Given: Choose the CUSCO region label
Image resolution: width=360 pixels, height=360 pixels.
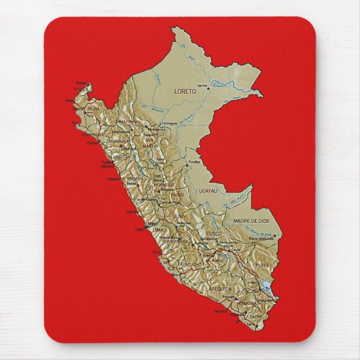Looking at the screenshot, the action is pyautogui.click(x=215, y=235).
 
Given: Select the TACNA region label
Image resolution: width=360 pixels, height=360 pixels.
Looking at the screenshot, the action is pyautogui.click(x=255, y=317).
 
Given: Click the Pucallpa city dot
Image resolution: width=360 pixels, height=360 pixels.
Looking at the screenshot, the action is pyautogui.click(x=187, y=164).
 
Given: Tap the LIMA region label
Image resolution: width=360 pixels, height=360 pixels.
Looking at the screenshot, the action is pyautogui.click(x=158, y=230).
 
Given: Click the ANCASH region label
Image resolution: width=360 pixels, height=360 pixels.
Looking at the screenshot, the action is pyautogui.click(x=134, y=179).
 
